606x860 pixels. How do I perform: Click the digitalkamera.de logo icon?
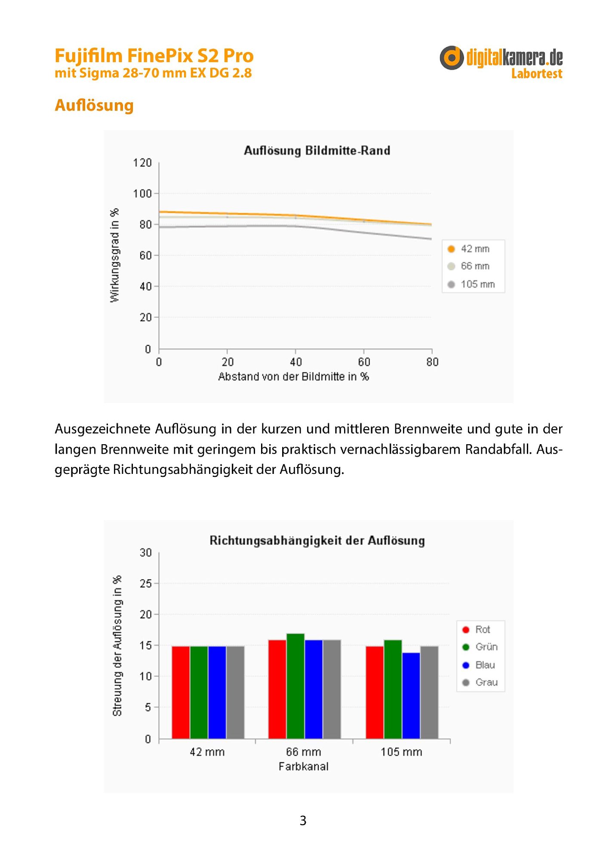(452, 58)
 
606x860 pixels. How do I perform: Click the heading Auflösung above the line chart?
(94, 105)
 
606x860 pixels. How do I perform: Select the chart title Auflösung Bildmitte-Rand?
(317, 150)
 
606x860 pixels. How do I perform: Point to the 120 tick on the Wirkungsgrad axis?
(142, 163)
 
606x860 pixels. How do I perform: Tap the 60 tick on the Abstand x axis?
(364, 362)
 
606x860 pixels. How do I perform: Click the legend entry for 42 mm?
(469, 249)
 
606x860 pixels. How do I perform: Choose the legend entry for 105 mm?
(471, 284)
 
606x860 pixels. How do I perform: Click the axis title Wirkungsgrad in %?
(114, 255)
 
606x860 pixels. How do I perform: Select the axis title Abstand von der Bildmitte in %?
(293, 377)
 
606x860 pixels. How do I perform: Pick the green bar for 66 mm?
(295, 686)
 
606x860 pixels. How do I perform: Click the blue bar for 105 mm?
(411, 696)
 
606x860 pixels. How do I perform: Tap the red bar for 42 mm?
(181, 692)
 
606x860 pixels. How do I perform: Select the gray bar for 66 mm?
(332, 689)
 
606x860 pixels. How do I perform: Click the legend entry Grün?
(480, 647)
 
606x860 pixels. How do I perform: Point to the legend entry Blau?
(479, 665)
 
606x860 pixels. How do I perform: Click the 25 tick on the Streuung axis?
(146, 584)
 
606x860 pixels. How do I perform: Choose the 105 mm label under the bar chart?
(401, 752)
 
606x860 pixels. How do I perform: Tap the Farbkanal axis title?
(304, 767)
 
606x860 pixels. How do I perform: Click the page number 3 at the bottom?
(303, 821)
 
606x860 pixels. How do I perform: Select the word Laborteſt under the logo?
(537, 74)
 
